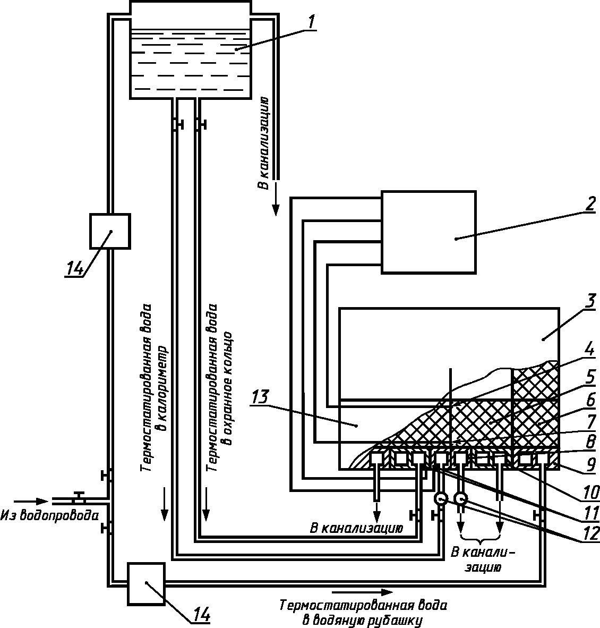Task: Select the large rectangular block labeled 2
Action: pos(428,232)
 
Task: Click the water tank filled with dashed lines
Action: pos(191,49)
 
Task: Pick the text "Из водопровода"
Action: pos(49,515)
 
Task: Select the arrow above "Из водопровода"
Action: pos(31,501)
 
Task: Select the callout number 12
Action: pos(591,533)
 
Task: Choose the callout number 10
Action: pos(591,492)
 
